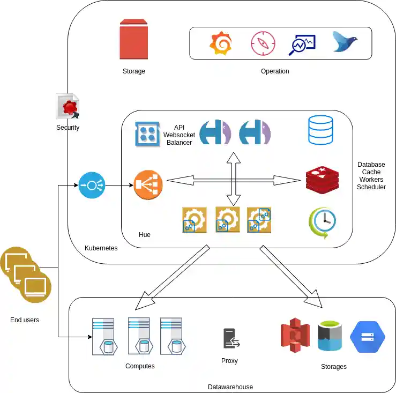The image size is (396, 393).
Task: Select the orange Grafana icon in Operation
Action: pos(221,43)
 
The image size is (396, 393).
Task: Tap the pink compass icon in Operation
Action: pos(263,43)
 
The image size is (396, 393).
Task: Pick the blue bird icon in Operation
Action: pos(345,41)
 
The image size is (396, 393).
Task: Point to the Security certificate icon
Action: pos(68,107)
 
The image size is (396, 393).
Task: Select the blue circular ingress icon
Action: pos(92,186)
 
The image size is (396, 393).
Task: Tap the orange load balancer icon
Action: pos(148,185)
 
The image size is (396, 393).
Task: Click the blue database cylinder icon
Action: pos(320,130)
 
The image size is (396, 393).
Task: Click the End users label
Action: pos(25,320)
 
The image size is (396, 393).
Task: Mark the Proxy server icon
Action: pos(231,339)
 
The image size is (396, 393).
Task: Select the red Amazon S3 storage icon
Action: pos(295,336)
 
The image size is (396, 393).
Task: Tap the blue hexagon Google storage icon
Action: pos(368,336)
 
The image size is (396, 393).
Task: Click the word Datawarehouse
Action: pos(230,387)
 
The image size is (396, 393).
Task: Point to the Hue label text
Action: pos(145,235)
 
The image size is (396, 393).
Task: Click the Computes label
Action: pos(140,366)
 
